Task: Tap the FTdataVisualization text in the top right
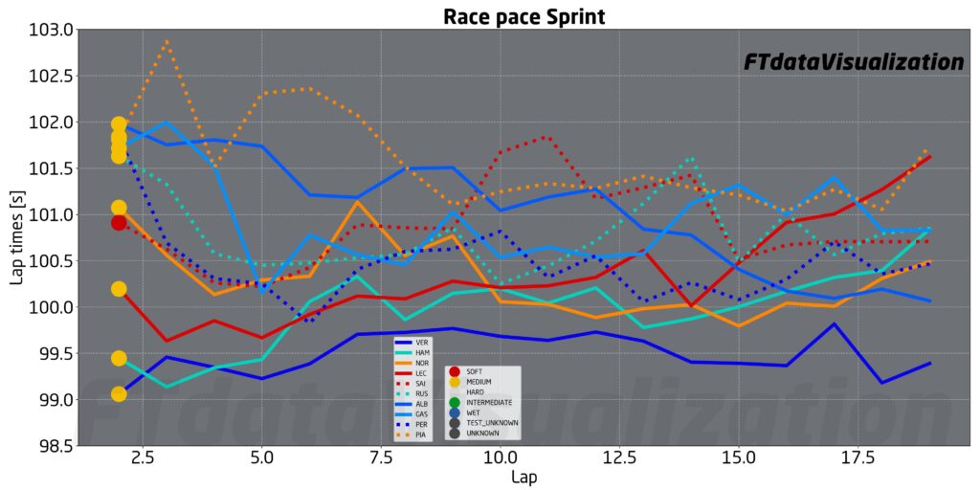[x=854, y=62]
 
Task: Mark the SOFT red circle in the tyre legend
[x=454, y=371]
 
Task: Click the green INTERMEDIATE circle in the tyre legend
[x=454, y=403]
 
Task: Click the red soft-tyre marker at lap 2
[x=119, y=223]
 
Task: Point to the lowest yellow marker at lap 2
[x=119, y=394]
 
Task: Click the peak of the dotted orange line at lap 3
[x=167, y=41]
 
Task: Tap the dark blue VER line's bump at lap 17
[x=835, y=324]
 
